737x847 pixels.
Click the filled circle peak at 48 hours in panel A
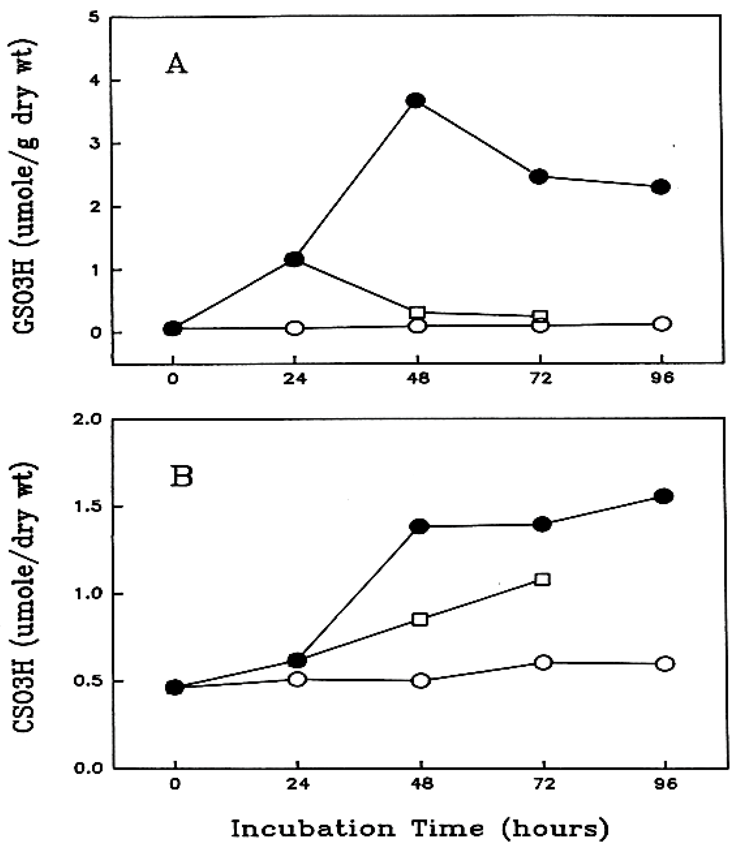(416, 100)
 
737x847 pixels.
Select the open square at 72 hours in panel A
(540, 316)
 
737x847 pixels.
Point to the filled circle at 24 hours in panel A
(294, 259)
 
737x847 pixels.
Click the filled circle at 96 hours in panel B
(664, 496)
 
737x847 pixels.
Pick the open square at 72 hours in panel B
(543, 579)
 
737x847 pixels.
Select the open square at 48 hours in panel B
(420, 620)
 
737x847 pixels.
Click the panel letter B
(181, 477)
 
